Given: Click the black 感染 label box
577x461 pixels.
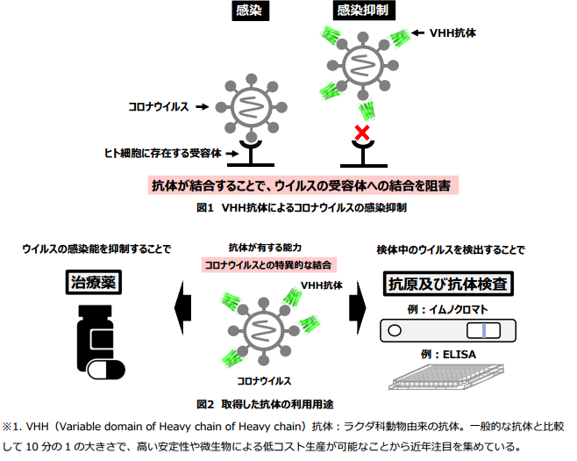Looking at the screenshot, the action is pyautogui.click(x=250, y=11).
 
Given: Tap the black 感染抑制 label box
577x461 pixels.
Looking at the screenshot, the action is pyautogui.click(x=364, y=11).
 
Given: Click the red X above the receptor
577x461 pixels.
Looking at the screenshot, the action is pyautogui.click(x=362, y=133).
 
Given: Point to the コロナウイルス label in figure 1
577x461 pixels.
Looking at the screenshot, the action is pyautogui.click(x=159, y=107).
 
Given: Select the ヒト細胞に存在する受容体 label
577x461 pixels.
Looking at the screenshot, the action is pyautogui.click(x=163, y=154).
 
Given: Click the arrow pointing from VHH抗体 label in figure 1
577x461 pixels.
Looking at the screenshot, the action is pyautogui.click(x=417, y=33).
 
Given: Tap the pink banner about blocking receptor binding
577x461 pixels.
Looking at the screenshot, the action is pyautogui.click(x=303, y=185).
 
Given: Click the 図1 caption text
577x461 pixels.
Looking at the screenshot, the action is pyautogui.click(x=302, y=208).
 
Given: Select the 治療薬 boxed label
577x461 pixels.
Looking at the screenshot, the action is pyautogui.click(x=94, y=283).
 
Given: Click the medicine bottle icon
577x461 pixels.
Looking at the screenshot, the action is pyautogui.click(x=95, y=337).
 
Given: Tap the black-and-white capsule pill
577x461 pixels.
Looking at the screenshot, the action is pyautogui.click(x=106, y=370).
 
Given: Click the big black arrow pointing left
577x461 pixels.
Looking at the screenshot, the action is pyautogui.click(x=183, y=307).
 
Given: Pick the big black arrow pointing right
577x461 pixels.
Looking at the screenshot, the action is pyautogui.click(x=357, y=307).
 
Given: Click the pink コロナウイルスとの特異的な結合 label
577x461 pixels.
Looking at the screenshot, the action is pyautogui.click(x=268, y=265).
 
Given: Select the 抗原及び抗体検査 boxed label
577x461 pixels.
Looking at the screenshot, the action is pyautogui.click(x=448, y=284).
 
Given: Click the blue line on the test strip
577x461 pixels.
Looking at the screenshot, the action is pyautogui.click(x=484, y=330).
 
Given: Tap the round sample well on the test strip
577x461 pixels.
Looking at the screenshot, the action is pyautogui.click(x=395, y=330).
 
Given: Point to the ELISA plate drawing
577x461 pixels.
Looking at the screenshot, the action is pyautogui.click(x=446, y=377).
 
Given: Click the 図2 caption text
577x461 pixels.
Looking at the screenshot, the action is pyautogui.click(x=265, y=404).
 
